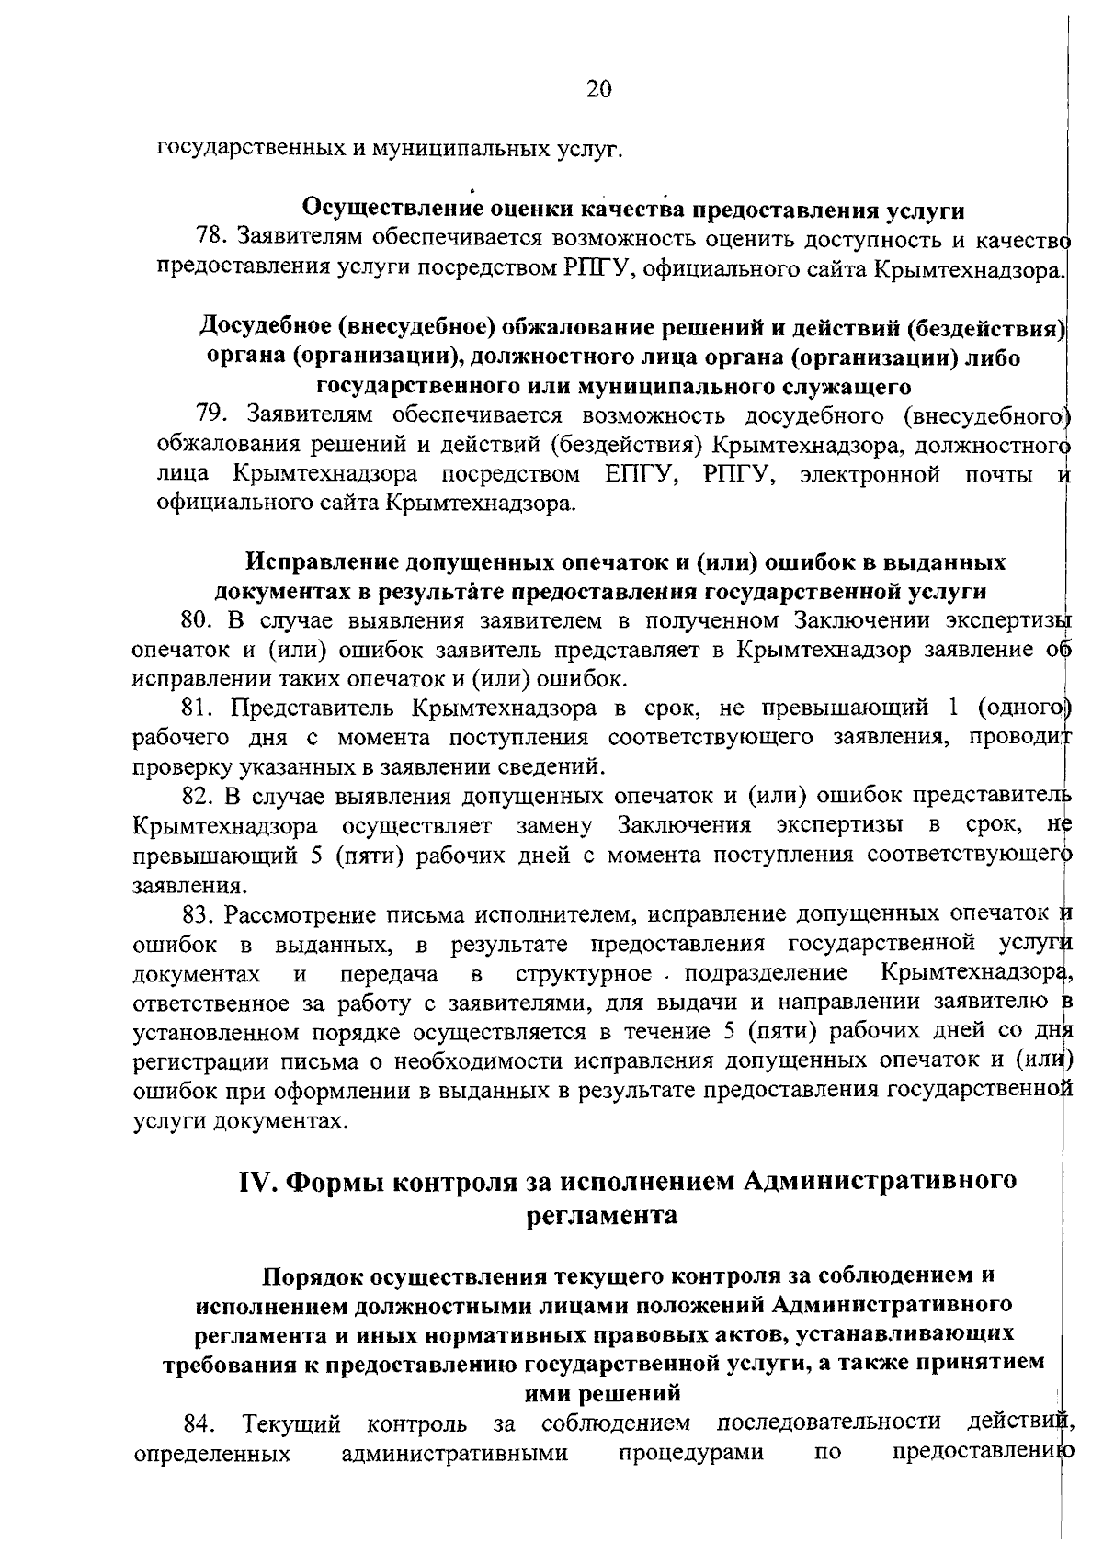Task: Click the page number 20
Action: (598, 89)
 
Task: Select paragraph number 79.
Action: (213, 416)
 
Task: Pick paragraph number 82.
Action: (197, 796)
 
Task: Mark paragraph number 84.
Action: (200, 1450)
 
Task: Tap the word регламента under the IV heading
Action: (602, 1216)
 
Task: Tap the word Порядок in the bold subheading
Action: (310, 1276)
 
